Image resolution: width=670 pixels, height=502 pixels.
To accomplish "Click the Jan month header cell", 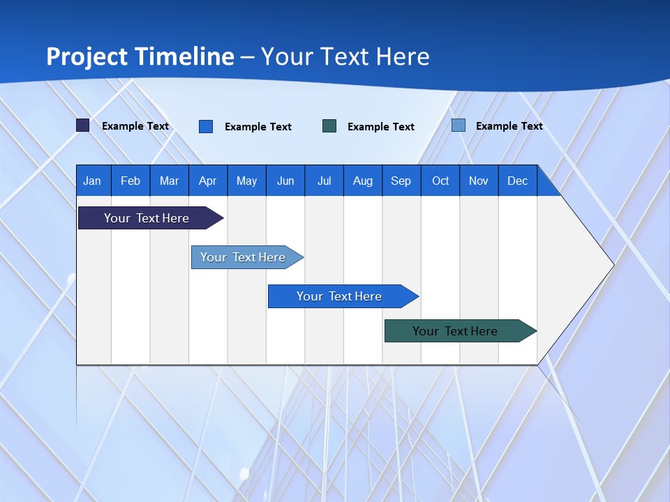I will (93, 181).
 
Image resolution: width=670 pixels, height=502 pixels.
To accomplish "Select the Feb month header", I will (131, 181).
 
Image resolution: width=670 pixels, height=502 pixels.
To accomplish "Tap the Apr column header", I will (208, 181).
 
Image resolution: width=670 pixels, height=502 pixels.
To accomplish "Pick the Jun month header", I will (285, 181).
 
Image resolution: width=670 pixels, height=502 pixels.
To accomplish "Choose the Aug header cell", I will (363, 181).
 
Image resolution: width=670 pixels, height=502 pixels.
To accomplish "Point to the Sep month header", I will (401, 181).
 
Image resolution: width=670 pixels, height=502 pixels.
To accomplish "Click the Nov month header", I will (479, 181).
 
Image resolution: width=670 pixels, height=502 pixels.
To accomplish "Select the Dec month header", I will (518, 181).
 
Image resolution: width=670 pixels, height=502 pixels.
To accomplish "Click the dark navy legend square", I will (83, 125).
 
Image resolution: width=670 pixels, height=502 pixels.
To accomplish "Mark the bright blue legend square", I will (206, 126).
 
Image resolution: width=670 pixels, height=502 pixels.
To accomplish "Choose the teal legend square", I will (329, 125).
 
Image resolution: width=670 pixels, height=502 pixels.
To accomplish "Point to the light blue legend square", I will (459, 125).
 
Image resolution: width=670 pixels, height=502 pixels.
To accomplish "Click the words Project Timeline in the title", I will (140, 56).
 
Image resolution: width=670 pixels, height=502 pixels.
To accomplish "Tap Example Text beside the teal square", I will (381, 126).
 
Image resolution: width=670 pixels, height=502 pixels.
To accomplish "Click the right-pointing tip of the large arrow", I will (610, 264).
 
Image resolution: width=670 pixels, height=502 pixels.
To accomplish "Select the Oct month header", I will (440, 181).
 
